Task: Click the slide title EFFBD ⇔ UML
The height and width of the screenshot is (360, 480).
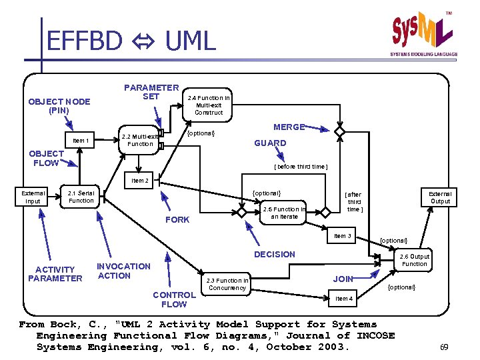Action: click(131, 41)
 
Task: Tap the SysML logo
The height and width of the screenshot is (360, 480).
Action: click(423, 33)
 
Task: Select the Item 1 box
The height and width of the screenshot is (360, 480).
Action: click(81, 141)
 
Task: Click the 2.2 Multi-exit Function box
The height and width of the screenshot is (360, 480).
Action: click(140, 140)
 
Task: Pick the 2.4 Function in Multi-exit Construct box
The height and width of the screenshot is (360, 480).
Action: click(209, 105)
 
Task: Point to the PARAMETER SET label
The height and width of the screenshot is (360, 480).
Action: click(151, 92)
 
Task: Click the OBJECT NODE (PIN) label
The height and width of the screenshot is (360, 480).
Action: click(59, 106)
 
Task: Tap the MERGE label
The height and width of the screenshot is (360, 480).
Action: click(289, 127)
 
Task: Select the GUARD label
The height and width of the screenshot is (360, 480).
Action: click(270, 143)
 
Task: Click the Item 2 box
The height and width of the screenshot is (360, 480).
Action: click(140, 181)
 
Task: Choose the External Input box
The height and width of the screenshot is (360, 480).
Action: click(33, 197)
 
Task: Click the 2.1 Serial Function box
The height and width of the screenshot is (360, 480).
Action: click(81, 197)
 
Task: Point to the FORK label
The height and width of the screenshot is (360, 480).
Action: click(177, 220)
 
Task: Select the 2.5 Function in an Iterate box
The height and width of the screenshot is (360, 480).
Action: click(284, 213)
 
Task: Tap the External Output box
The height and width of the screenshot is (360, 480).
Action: click(440, 197)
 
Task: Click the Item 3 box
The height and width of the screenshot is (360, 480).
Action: click(343, 236)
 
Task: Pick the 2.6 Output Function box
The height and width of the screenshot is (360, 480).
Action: click(414, 260)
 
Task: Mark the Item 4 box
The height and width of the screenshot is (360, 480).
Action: click(344, 299)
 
